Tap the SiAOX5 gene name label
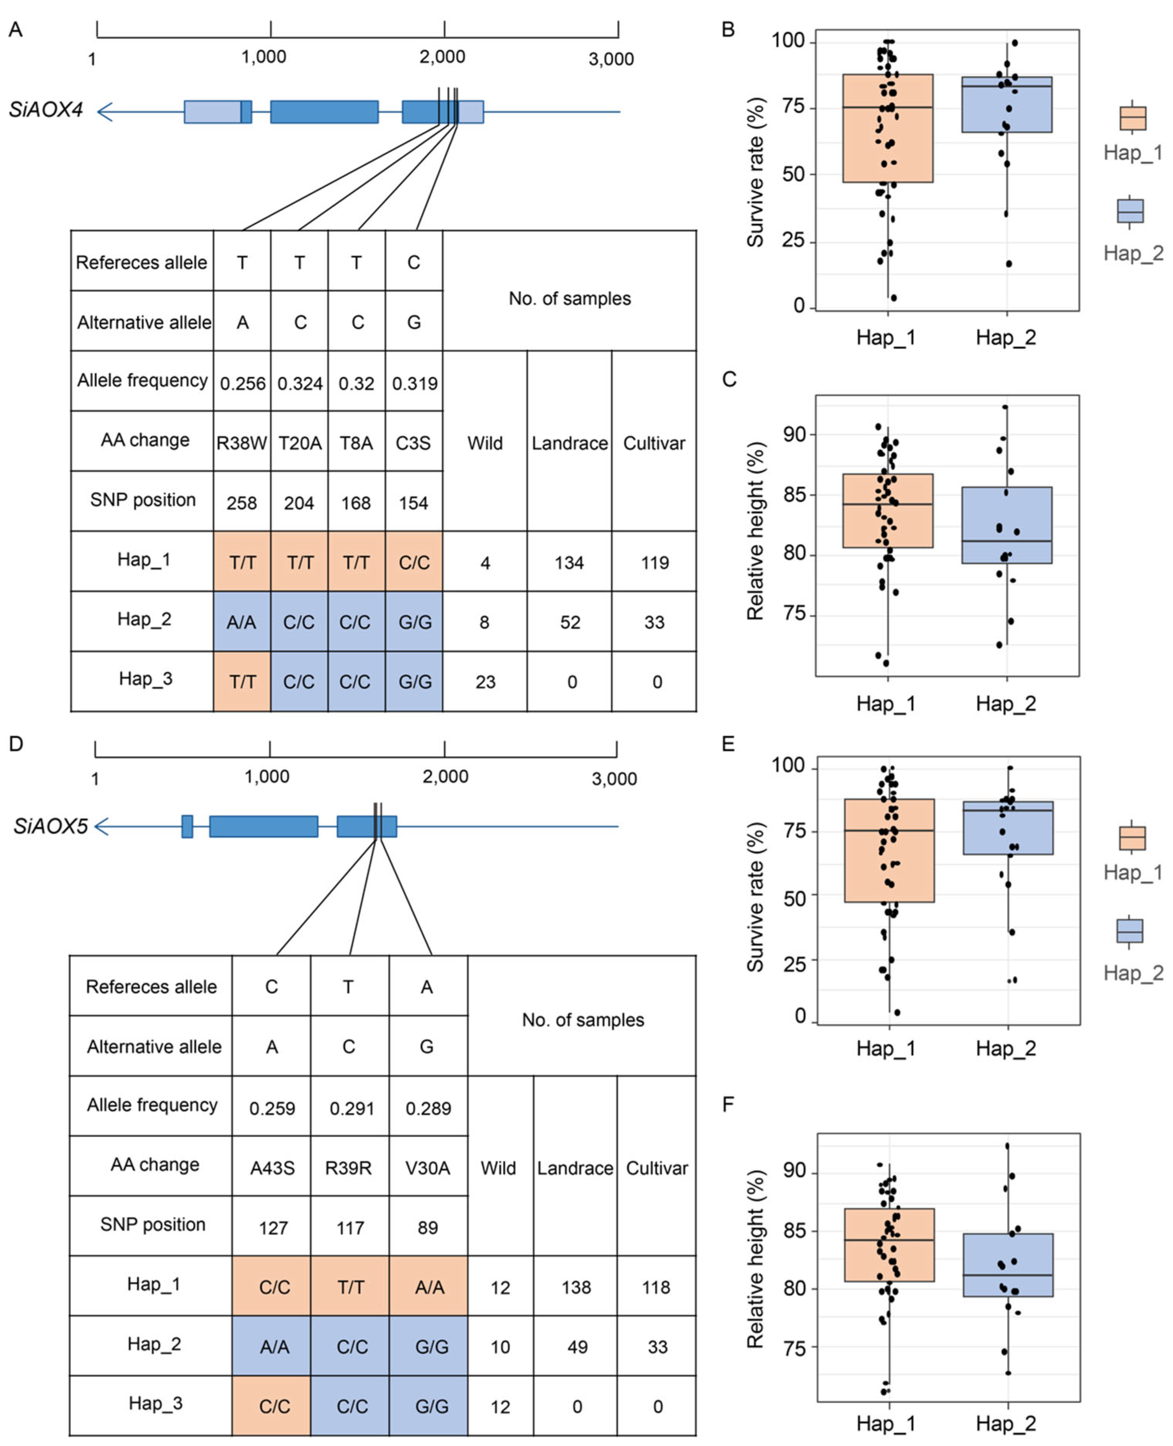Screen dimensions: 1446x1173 click(51, 826)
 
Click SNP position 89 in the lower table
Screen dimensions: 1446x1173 click(428, 1228)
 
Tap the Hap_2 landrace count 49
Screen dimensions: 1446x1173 click(576, 1347)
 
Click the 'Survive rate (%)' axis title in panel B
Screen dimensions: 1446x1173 click(755, 172)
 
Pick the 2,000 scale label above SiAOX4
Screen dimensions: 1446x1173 click(443, 57)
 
